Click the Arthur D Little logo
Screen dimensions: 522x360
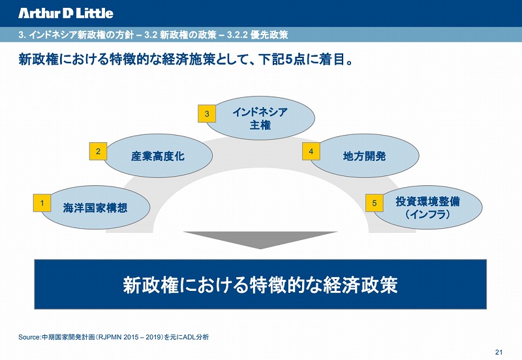tap(66, 13)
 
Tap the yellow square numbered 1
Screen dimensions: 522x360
tap(42, 203)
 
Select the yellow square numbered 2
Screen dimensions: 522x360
tap(98, 151)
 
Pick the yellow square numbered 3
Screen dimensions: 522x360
tap(207, 113)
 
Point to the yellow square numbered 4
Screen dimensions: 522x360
tap(311, 151)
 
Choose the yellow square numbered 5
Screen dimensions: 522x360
tap(375, 203)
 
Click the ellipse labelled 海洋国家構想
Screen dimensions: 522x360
tap(95, 207)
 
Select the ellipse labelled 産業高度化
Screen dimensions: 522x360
tap(157, 156)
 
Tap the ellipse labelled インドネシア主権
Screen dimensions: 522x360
tap(260, 118)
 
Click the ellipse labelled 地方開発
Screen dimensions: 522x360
tap(364, 156)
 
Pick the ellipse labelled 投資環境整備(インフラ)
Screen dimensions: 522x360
tap(428, 207)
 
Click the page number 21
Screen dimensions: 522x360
tap(499, 352)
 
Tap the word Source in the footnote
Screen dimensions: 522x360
tap(29, 337)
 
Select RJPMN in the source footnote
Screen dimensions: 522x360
tap(110, 337)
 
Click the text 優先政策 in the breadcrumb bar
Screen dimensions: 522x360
tap(269, 35)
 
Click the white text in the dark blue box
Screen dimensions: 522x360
tap(260, 285)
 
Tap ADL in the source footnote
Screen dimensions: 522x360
tap(189, 337)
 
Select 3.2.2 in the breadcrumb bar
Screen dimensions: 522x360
tap(238, 35)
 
